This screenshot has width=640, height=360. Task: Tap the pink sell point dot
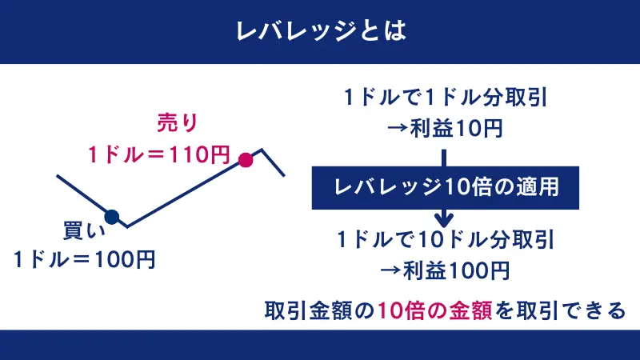point(246,160)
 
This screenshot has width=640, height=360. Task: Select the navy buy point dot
point(112,216)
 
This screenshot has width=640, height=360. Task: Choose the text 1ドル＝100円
point(84,259)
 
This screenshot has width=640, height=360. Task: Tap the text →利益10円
point(445,128)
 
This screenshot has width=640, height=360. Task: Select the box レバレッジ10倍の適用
point(445,187)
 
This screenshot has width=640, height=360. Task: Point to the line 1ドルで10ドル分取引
point(445,239)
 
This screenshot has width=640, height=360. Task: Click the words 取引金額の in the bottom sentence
point(320,310)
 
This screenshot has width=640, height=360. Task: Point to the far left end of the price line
point(57,174)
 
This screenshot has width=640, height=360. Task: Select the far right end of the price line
point(286,175)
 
